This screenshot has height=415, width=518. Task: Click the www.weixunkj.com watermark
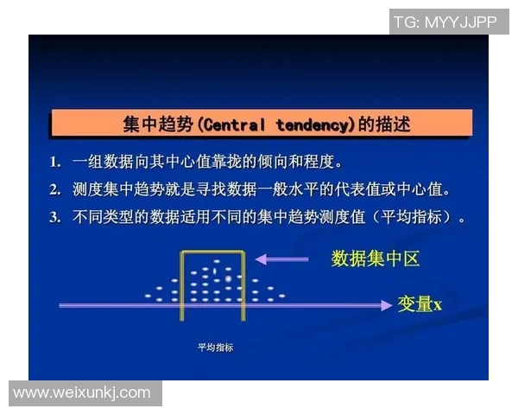pos(82,393)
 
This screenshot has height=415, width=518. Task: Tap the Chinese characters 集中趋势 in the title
pos(159,125)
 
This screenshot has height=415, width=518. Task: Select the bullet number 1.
pos(54,163)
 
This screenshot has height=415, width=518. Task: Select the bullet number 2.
pos(54,190)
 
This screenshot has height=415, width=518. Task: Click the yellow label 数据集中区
pos(376,259)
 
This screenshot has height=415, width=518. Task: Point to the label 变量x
pos(420,303)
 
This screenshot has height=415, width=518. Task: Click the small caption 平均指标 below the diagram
pos(215,348)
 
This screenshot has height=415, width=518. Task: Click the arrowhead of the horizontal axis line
pos(385,304)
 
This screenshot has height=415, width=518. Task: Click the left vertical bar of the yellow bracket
pos(181,285)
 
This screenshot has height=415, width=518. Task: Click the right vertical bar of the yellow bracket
pos(245,285)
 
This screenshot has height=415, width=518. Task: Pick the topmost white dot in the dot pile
pos(217,261)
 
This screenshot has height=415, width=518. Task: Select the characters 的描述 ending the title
pos(384,125)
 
